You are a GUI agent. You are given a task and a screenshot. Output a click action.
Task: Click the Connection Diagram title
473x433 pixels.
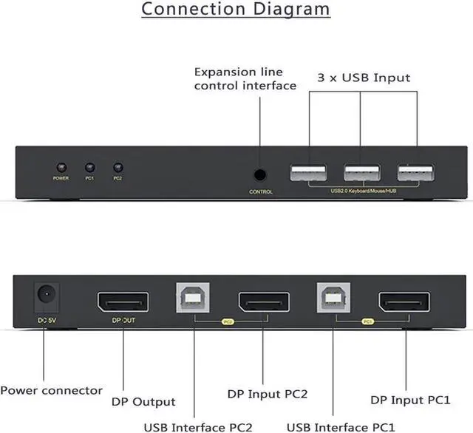(236, 10)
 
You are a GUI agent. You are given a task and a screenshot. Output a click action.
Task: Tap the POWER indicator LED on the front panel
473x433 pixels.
(61, 168)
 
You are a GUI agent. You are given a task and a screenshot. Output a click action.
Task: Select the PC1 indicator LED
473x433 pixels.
(89, 168)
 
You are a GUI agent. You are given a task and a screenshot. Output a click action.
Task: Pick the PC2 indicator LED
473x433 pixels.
(117, 168)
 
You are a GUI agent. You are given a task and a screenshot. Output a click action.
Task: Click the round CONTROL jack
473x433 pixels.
(260, 175)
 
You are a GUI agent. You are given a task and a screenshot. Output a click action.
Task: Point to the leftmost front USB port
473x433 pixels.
(308, 174)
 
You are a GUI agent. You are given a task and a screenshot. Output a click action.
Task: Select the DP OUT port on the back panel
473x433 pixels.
(122, 301)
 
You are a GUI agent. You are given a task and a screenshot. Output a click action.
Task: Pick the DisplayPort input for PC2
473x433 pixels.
(262, 301)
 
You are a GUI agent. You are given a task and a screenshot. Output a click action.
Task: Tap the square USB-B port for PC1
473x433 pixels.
(335, 299)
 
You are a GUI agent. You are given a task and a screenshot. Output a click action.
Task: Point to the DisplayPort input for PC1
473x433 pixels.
(404, 301)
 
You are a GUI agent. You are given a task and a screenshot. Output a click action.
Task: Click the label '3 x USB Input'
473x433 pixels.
(363, 78)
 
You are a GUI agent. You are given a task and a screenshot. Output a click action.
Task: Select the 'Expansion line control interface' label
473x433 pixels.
(245, 79)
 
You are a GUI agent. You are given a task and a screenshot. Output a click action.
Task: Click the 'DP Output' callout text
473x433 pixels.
(143, 402)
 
